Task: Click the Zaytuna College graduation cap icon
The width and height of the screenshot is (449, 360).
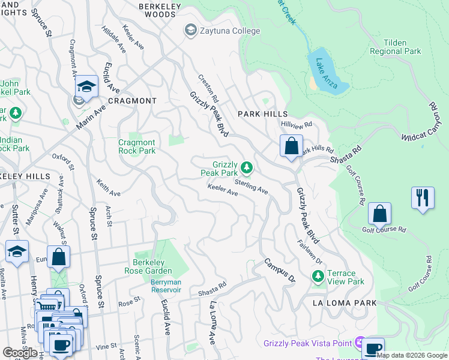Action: [x=191, y=31]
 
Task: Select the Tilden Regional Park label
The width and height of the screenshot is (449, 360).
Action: [x=396, y=47]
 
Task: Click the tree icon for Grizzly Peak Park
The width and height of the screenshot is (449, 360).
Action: [x=246, y=167]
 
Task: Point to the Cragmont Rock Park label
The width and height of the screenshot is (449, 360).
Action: [x=137, y=146]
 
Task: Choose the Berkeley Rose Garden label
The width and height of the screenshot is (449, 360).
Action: [x=153, y=266]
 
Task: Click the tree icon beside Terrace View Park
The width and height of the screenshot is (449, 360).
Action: [x=318, y=277]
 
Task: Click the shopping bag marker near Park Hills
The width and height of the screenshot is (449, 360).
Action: [x=291, y=146]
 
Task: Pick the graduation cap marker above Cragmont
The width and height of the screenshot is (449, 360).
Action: [x=86, y=87]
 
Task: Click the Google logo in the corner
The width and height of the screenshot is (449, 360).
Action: [x=20, y=353]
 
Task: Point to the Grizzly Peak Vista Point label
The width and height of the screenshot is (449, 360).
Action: [x=308, y=343]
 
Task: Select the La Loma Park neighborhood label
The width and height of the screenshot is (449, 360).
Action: [x=344, y=304]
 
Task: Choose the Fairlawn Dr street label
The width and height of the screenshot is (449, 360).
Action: [x=310, y=253]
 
